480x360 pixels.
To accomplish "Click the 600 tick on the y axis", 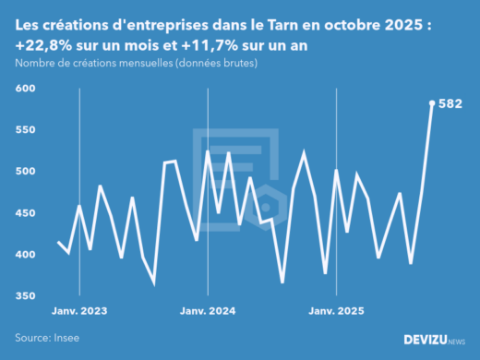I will pos(24,89).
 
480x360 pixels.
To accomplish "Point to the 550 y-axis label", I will pos(24,130).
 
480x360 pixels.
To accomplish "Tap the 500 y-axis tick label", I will pos(24,172).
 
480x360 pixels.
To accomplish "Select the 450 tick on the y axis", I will pos(24,213).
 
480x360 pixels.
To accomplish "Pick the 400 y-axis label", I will pos(24,255).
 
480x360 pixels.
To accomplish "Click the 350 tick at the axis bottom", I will pos(24,296).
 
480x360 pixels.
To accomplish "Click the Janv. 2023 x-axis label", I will pos(79,312).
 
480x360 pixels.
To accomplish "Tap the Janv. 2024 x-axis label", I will pos(209,312).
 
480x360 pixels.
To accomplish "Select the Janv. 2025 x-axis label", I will pos(337,312).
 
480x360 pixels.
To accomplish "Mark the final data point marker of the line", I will pos(432,103).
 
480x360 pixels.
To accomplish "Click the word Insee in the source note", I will pos(65,338).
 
